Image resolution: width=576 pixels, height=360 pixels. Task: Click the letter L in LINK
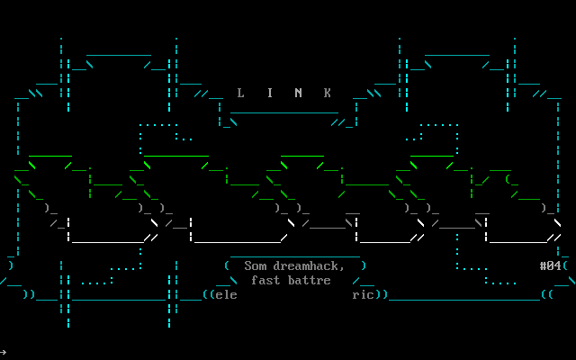[x=240, y=93]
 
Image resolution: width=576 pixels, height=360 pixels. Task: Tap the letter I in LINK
[x=269, y=93]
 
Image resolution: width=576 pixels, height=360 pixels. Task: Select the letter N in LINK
[x=299, y=93]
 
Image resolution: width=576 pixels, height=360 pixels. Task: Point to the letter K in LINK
[x=328, y=93]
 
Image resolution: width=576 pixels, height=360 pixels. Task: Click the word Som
[x=256, y=265]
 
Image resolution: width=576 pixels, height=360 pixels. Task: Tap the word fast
[x=265, y=280]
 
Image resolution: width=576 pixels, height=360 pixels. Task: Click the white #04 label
[x=550, y=265]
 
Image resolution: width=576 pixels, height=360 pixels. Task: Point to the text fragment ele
[x=226, y=294]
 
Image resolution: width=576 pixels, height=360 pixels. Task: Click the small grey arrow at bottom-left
[x=4, y=352]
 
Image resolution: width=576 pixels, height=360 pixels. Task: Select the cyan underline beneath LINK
[x=284, y=112]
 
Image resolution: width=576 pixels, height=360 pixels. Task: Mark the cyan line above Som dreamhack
[x=294, y=256]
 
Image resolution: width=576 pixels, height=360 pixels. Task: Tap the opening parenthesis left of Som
[x=227, y=265]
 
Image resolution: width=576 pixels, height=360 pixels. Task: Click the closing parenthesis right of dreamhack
[x=364, y=265]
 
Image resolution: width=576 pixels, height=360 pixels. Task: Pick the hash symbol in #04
[x=543, y=265]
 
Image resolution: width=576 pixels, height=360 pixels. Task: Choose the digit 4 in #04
[x=557, y=265]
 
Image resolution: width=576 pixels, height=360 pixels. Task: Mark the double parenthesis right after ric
[x=382, y=294]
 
